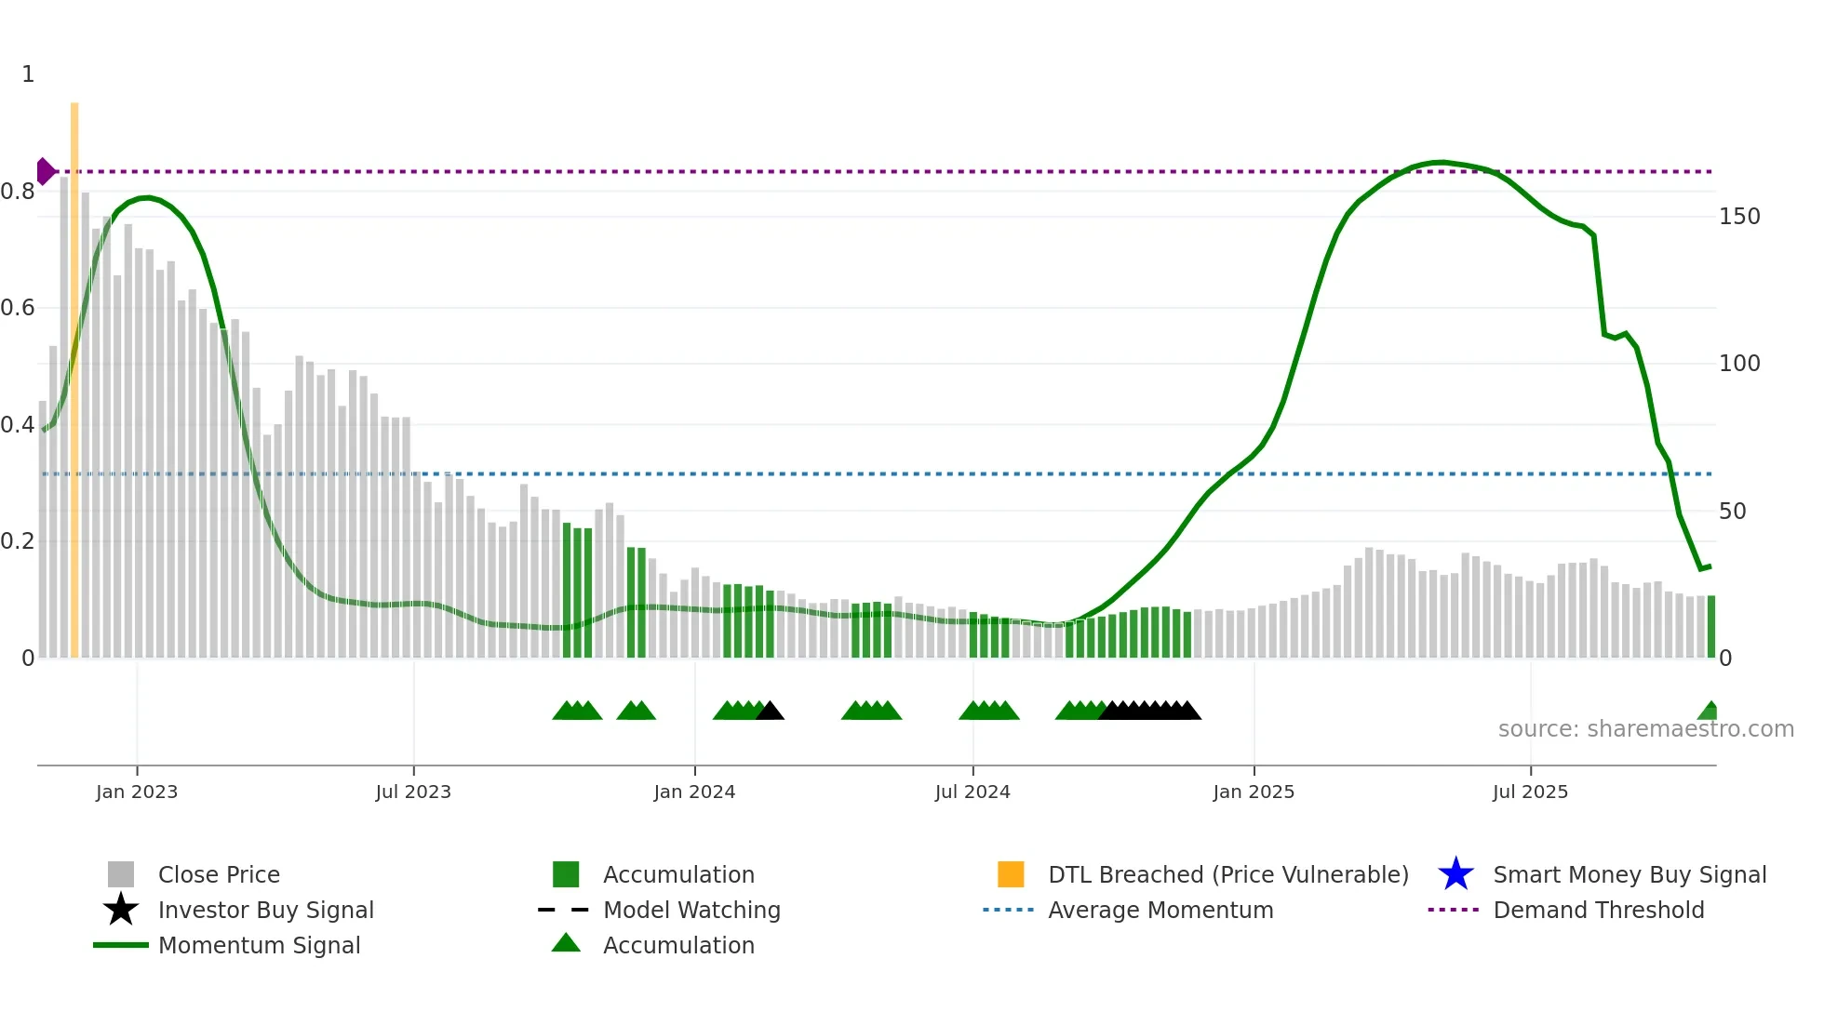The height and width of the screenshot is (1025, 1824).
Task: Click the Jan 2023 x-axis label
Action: tap(136, 792)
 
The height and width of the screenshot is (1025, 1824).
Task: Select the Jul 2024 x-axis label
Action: tap(972, 792)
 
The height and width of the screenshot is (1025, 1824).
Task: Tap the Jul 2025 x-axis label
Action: tap(1530, 792)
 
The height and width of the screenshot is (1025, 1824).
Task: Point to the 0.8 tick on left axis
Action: tap(18, 192)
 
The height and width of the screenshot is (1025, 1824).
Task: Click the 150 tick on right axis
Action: tap(1738, 217)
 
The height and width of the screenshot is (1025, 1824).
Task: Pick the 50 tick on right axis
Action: tap(1732, 512)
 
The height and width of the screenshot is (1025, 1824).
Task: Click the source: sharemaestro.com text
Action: tap(1645, 729)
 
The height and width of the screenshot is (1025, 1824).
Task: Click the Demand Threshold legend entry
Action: tap(1598, 910)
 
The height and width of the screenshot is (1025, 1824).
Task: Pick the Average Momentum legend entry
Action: tap(1160, 910)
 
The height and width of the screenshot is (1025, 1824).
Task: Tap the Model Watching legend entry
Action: tap(691, 910)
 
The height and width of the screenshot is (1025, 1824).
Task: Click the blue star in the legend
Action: tap(1455, 874)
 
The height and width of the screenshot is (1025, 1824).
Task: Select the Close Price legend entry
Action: tap(219, 874)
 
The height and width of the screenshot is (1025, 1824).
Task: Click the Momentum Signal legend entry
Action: tap(259, 945)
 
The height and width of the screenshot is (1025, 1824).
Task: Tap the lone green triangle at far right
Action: tap(1709, 712)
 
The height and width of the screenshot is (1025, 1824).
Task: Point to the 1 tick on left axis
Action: tap(28, 74)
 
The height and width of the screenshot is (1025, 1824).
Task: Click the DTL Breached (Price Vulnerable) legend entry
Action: tap(1227, 874)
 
